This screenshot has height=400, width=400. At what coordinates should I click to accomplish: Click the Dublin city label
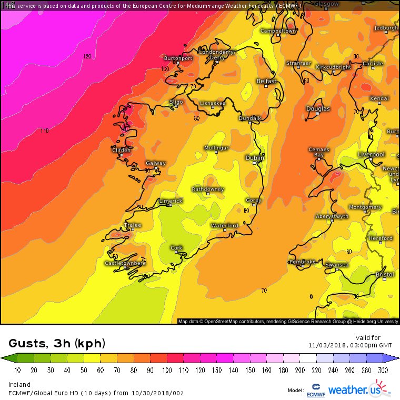tap(255, 158)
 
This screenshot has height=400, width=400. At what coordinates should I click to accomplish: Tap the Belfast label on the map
tap(266, 81)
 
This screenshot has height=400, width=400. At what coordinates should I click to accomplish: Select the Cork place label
tap(176, 247)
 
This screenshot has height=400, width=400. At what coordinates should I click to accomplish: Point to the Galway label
tap(155, 163)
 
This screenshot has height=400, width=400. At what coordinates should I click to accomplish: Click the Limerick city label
tap(171, 201)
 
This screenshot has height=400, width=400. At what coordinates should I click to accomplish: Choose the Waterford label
tap(225, 225)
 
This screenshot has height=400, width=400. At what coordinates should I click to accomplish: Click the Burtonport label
tap(178, 58)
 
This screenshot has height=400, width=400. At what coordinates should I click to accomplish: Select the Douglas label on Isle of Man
tap(318, 109)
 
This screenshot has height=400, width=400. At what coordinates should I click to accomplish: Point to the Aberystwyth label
tap(332, 216)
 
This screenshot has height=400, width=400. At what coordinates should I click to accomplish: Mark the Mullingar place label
tap(216, 148)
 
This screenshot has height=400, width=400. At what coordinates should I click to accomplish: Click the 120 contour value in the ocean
tap(87, 56)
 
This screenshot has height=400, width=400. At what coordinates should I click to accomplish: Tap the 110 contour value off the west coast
tap(44, 131)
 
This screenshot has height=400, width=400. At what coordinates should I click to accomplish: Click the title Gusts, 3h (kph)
tap(57, 344)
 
